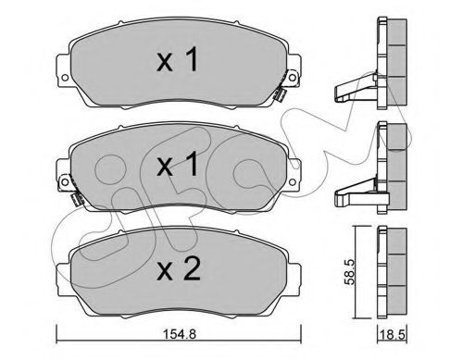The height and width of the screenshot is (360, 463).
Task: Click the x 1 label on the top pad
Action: [177, 60]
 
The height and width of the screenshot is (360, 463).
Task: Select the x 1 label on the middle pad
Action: [177, 165]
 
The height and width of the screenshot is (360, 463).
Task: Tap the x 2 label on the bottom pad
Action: [179, 269]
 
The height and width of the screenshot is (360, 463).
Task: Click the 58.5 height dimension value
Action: [351, 271]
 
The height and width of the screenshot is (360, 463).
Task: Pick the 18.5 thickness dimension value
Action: [393, 335]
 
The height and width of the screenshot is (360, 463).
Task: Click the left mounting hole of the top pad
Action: [65, 77]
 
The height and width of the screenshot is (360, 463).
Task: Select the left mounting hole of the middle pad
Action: [65, 182]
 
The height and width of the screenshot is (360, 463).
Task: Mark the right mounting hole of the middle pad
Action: [292, 182]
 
